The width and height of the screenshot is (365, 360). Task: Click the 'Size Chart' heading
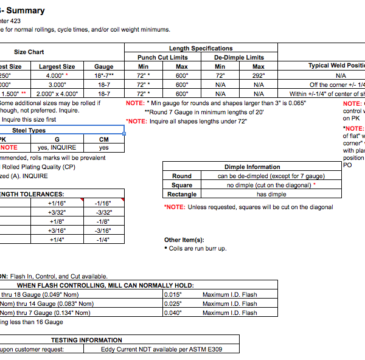tap(29, 52)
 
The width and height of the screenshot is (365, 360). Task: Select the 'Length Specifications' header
tap(201, 49)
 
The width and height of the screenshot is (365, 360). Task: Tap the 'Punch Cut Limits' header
tap(162, 57)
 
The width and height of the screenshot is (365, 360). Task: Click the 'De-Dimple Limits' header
tap(239, 57)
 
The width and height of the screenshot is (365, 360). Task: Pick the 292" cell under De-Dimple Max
tap(259, 75)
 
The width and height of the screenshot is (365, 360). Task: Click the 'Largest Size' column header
tap(57, 66)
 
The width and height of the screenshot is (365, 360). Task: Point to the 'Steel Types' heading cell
tap(29, 130)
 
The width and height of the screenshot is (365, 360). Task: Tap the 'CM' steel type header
tap(104, 139)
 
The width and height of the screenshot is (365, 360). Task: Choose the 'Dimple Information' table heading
tap(252, 167)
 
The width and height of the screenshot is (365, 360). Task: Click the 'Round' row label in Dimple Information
tap(182, 176)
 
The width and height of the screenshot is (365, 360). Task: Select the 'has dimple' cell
tap(271, 194)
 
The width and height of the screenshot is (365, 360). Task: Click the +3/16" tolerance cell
tap(57, 230)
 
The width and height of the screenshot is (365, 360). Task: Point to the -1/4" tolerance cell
tap(103, 240)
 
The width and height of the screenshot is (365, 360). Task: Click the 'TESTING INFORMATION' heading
tap(86, 340)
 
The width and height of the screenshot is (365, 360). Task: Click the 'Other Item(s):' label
tap(184, 240)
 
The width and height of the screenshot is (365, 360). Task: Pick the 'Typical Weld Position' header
tap(338, 66)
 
